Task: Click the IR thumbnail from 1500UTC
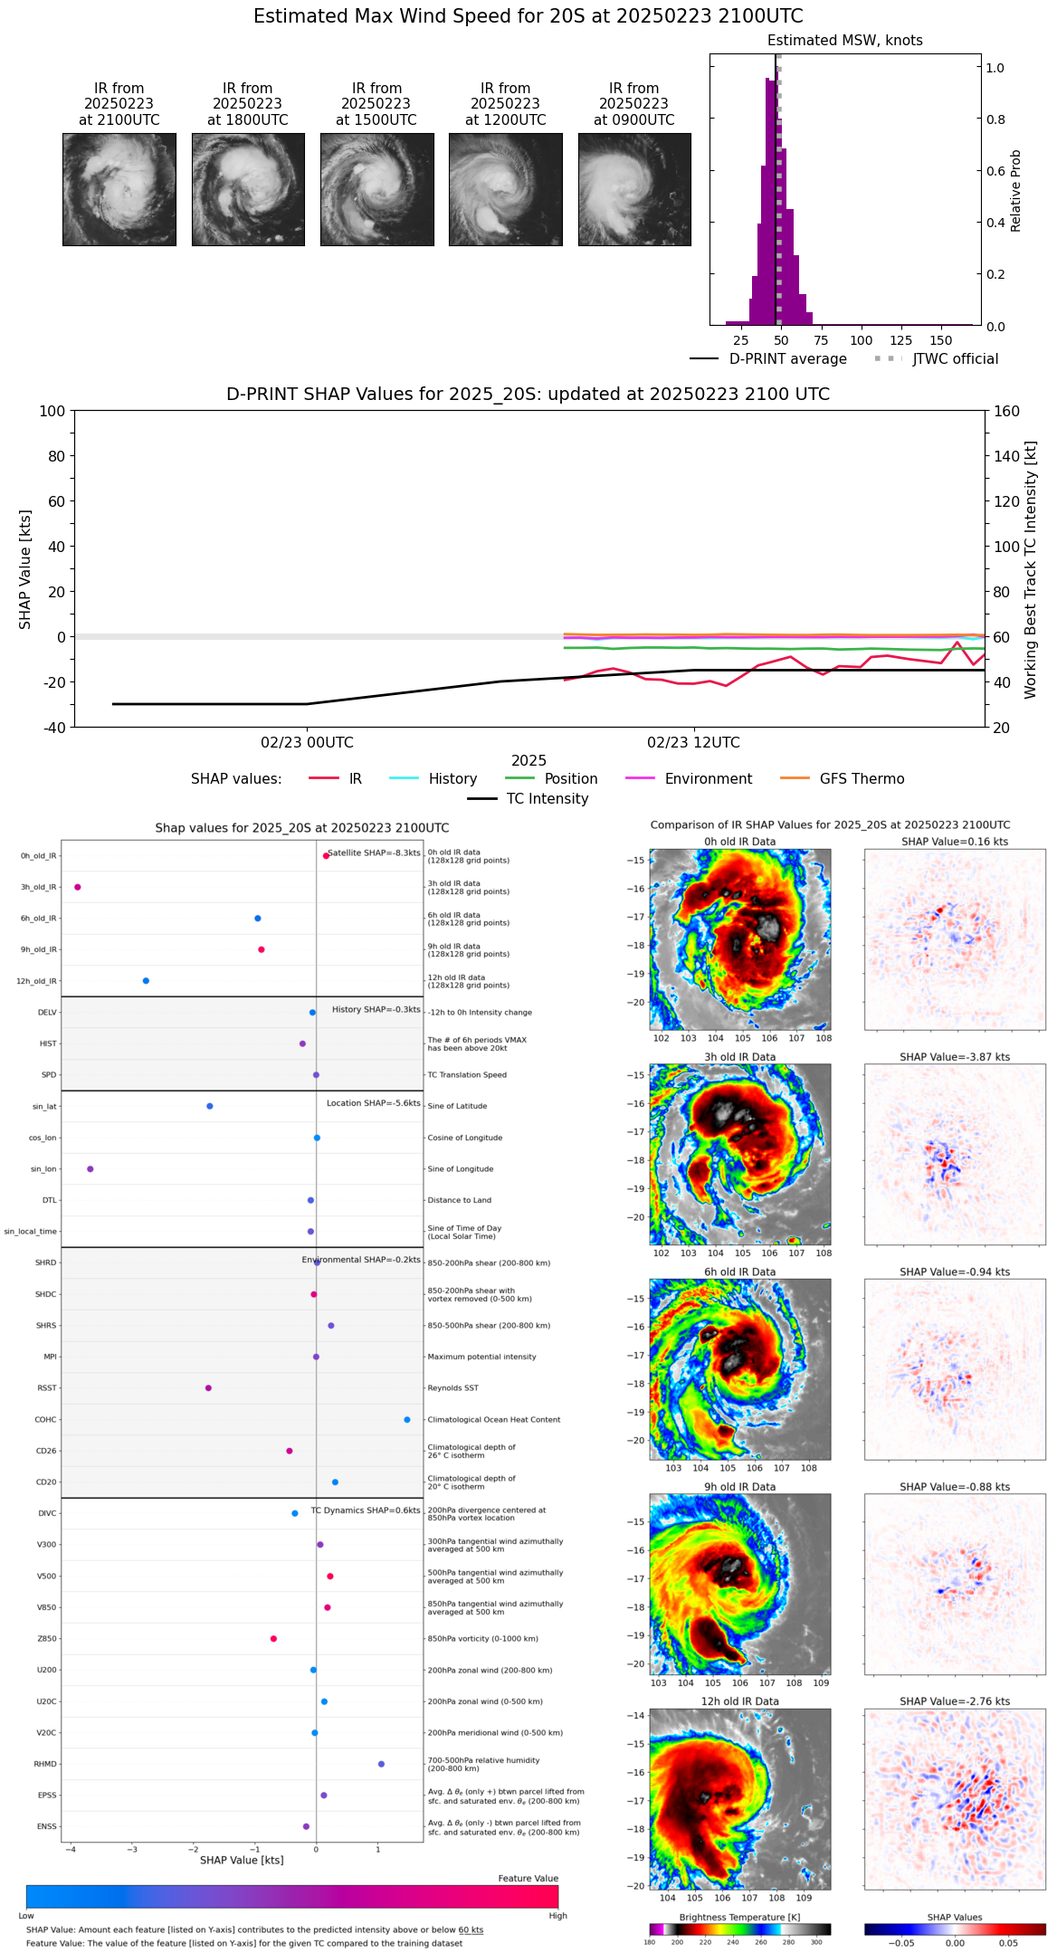pos(376,189)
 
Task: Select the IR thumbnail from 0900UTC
pos(634,189)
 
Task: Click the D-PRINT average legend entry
pos(768,359)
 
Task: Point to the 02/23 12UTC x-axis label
pos(693,743)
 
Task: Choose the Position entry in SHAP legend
pos(551,779)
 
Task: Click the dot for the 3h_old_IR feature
pos(78,887)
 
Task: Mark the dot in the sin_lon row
pos(90,1169)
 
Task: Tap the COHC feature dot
pos(407,1420)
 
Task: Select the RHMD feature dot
pos(381,1764)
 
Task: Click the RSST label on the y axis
pos(47,1388)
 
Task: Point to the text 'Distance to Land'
pos(460,1200)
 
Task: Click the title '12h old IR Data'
pos(739,1701)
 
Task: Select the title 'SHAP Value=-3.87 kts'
pos(955,1057)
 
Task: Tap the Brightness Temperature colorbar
pos(739,1929)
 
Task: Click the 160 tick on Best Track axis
pos(1007,411)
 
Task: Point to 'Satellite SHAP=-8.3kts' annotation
pos(374,853)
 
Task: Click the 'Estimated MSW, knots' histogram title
pos(844,41)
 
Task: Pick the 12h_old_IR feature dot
pos(146,981)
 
